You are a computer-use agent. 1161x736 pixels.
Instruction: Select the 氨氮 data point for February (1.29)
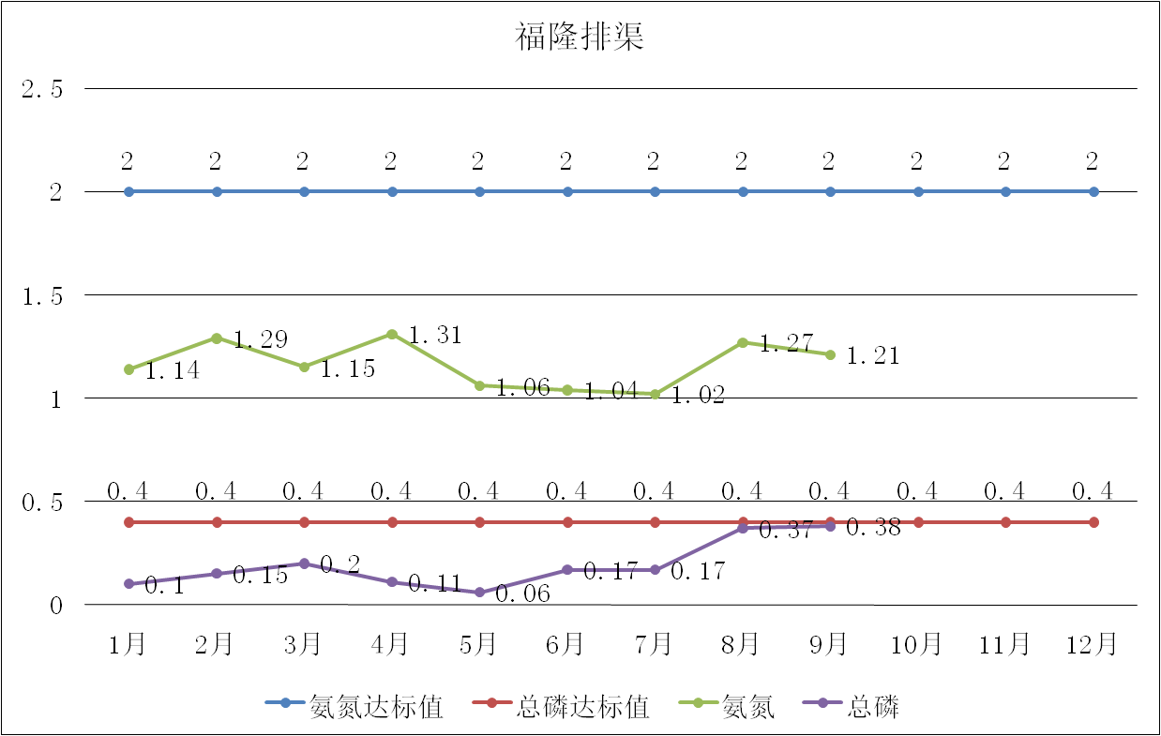click(217, 338)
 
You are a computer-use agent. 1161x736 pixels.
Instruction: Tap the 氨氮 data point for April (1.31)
click(392, 334)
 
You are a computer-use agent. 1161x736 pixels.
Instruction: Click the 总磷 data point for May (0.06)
click(479, 593)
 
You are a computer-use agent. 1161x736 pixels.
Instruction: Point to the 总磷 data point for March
click(304, 563)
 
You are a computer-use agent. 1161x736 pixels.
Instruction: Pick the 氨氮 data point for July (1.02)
click(655, 395)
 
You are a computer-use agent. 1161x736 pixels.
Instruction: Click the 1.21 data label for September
click(872, 356)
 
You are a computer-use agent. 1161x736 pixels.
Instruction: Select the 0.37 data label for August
click(784, 531)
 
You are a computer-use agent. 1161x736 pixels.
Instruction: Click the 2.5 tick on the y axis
click(43, 90)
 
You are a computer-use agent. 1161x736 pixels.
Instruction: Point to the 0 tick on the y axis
click(55, 606)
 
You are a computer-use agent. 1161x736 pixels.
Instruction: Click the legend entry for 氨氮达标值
click(375, 706)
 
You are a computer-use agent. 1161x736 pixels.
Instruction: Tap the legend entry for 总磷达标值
click(581, 706)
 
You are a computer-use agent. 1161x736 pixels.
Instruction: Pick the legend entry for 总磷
click(872, 706)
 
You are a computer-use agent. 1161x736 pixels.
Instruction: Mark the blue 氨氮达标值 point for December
click(1093, 191)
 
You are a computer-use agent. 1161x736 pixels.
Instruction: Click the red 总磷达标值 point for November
click(1005, 522)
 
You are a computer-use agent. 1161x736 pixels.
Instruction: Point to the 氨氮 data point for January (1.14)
click(128, 369)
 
